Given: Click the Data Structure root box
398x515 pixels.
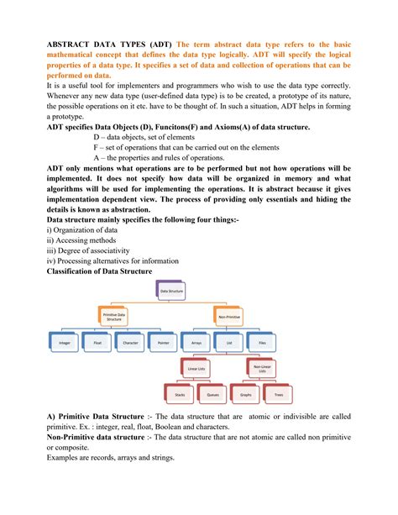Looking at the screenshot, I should pos(171,292).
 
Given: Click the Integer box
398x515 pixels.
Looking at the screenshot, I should pos(65,343).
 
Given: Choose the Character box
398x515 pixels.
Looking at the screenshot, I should pos(130,343).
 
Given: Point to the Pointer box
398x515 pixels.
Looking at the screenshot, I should pos(163,343).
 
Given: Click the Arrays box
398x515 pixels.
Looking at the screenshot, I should pos(196,343).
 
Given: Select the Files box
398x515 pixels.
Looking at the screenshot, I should pos(263,343).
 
